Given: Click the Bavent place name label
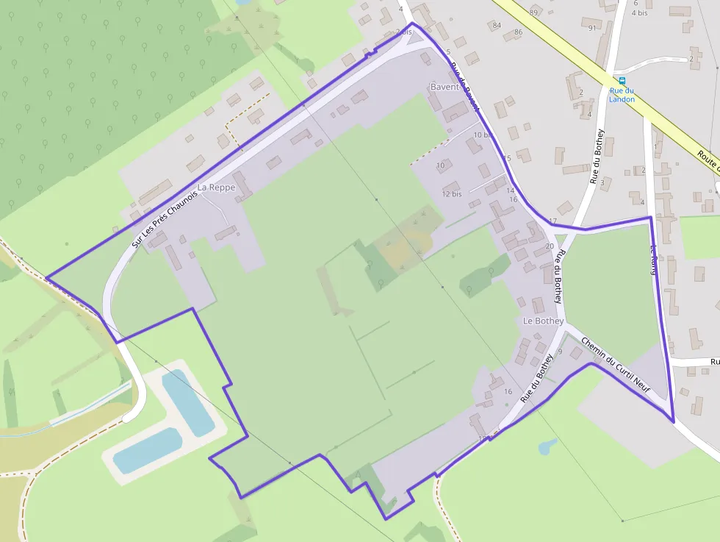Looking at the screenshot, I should [444, 87].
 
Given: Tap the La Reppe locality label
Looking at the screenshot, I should [216, 188].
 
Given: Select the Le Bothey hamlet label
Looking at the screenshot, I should [543, 321].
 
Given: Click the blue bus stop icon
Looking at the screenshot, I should [622, 80].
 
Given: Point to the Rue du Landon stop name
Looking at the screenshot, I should [622, 95].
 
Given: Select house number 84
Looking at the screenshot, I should [497, 26].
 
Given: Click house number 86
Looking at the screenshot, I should [518, 32].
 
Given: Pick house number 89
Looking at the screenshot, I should [533, 13].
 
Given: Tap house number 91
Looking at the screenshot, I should [592, 29].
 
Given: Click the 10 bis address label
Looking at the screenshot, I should [483, 135].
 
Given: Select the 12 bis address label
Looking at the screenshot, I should [452, 194].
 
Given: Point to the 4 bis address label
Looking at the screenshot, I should [639, 13].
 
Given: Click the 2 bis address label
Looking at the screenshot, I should [403, 32].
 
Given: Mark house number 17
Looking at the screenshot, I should [552, 221].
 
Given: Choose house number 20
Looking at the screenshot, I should [550, 246].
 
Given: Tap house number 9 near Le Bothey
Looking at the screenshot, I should [560, 352].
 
